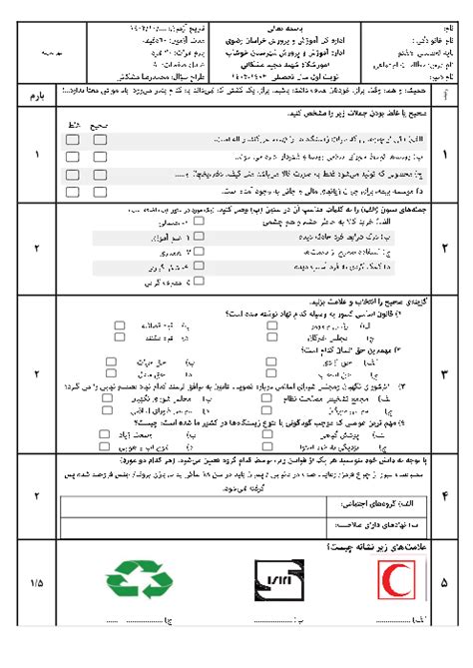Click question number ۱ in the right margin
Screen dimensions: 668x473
[444, 156]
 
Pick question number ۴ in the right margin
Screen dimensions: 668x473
[444, 494]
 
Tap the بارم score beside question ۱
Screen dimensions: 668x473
[38, 156]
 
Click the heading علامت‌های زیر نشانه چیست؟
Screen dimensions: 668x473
[370, 548]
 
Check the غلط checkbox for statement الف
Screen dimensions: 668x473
[73, 141]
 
